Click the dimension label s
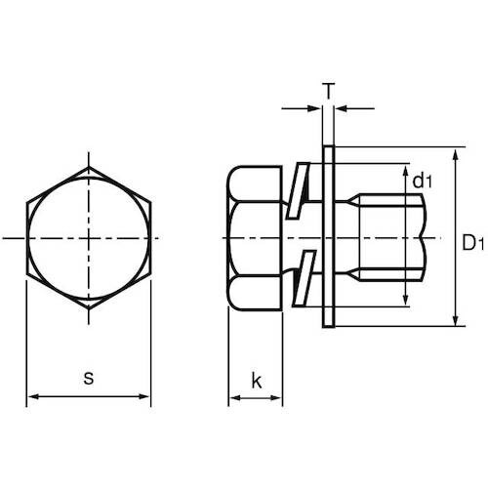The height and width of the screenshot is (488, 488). click(x=89, y=377)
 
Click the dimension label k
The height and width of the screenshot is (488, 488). click(x=257, y=381)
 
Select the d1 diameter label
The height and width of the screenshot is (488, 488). click(x=422, y=180)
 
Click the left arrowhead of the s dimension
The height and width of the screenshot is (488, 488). click(x=31, y=396)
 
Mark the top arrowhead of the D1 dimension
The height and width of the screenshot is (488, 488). click(x=455, y=154)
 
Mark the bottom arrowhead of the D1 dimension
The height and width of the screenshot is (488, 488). click(x=455, y=321)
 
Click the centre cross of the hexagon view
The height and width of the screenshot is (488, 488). click(x=89, y=237)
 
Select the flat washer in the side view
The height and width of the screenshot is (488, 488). click(x=327, y=237)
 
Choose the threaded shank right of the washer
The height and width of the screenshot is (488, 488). click(x=386, y=237)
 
